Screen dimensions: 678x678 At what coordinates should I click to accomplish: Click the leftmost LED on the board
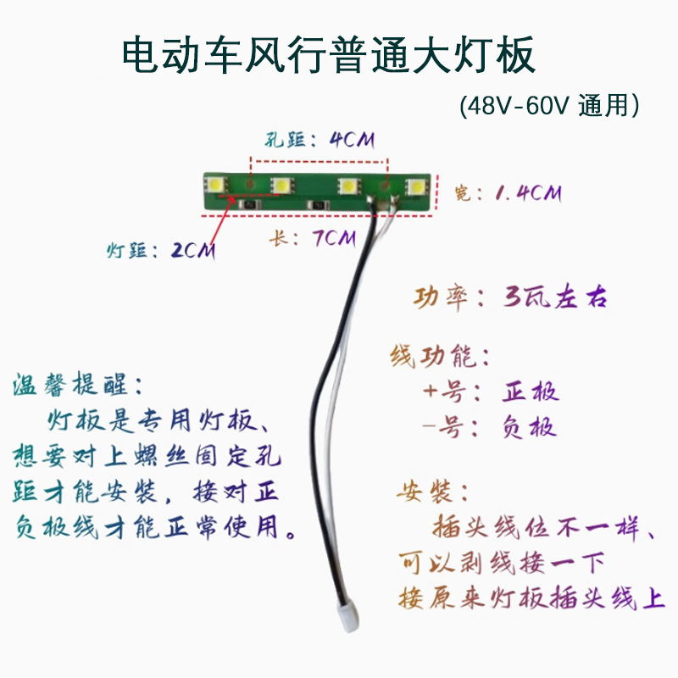(218, 184)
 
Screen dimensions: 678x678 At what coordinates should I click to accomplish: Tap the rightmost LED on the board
(415, 186)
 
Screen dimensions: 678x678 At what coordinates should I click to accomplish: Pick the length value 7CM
(333, 239)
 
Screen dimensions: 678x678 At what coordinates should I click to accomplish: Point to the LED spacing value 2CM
(192, 251)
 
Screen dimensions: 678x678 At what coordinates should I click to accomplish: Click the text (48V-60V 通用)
(548, 107)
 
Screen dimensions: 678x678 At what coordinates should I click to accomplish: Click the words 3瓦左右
(556, 298)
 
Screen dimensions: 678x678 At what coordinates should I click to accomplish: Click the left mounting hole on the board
(250, 182)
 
